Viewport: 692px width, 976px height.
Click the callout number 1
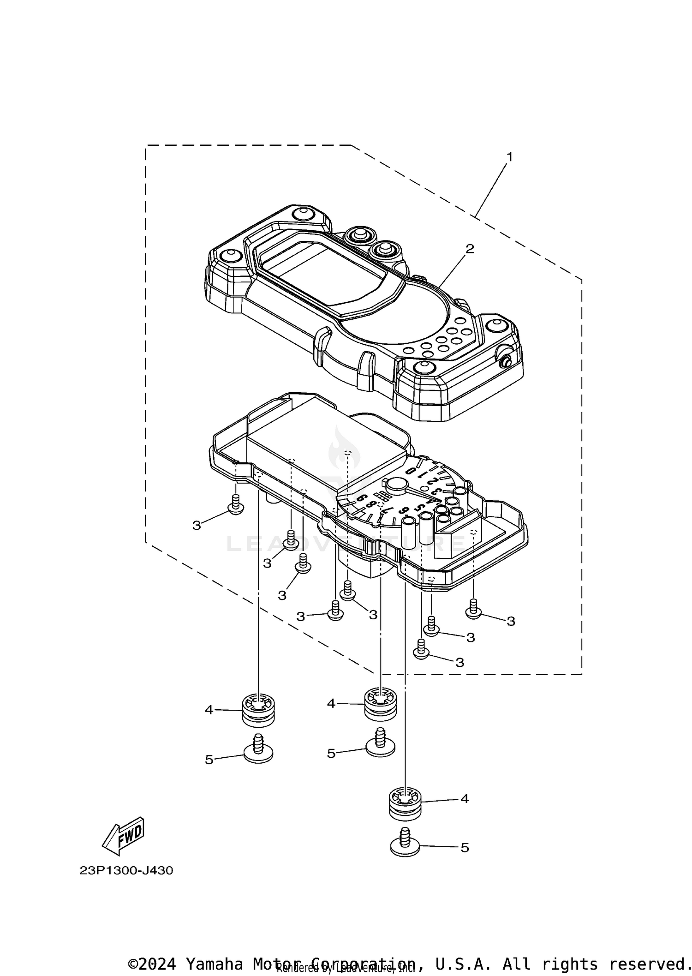pyautogui.click(x=509, y=157)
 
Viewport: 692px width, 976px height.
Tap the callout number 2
pyautogui.click(x=470, y=249)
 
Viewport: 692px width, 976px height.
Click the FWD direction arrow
pyautogui.click(x=124, y=836)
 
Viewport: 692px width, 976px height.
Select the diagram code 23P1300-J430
pyautogui.click(x=126, y=871)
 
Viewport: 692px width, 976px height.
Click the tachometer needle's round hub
pyautogui.click(x=397, y=484)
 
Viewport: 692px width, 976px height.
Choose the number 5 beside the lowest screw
pyautogui.click(x=465, y=848)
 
